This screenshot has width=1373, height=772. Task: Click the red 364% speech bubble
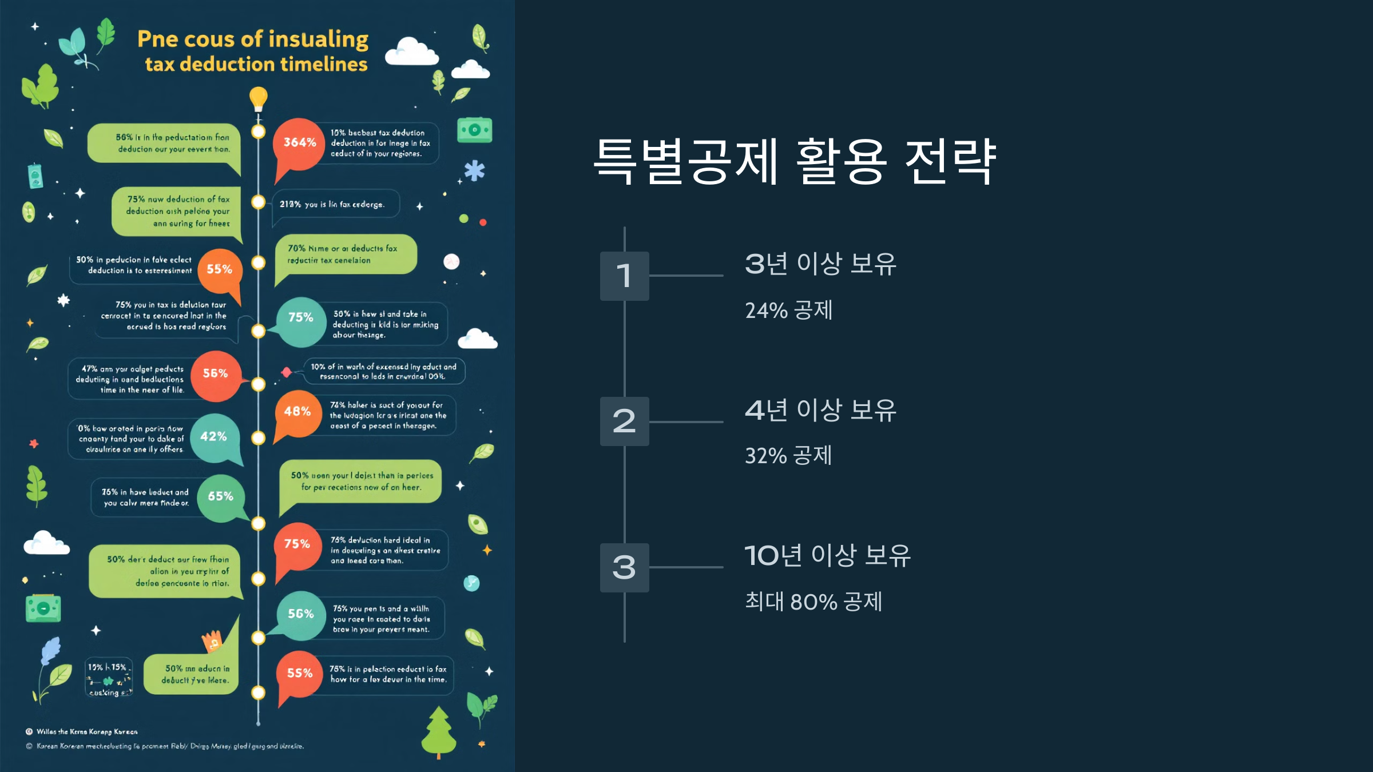(299, 143)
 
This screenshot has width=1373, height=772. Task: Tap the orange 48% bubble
(297, 412)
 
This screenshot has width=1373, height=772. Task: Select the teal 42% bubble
(214, 437)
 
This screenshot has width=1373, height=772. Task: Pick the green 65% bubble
(220, 497)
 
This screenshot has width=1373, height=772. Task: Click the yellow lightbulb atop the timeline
(259, 98)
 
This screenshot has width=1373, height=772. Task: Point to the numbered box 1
(624, 276)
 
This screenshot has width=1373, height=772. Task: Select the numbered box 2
(624, 421)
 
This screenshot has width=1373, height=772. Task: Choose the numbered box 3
(624, 568)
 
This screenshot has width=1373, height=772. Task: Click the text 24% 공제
(788, 311)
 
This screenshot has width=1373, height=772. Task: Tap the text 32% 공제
(788, 456)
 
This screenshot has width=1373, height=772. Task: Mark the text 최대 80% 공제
(814, 602)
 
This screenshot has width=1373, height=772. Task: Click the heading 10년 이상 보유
(827, 555)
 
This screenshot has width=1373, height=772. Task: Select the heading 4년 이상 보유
(820, 410)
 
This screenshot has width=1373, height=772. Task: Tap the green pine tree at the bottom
(439, 732)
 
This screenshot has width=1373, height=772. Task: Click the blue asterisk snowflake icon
(474, 170)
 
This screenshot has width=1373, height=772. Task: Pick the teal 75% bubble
(300, 318)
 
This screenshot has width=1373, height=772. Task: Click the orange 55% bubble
(219, 270)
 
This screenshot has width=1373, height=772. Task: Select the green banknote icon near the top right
(474, 130)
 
